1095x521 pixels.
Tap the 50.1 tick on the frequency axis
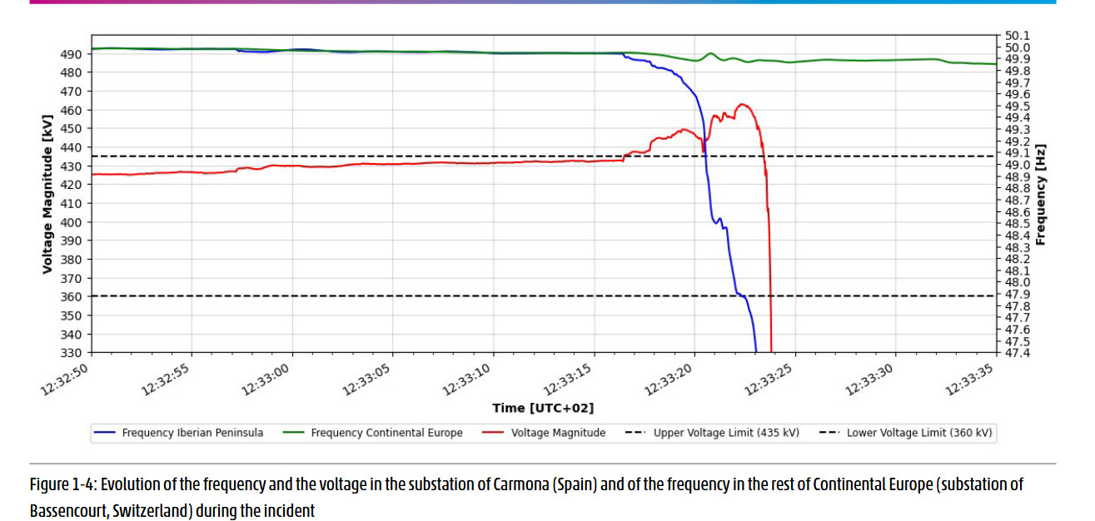click(1018, 36)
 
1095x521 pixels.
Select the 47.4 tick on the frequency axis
click(1018, 354)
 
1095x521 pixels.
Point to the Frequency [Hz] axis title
click(1041, 195)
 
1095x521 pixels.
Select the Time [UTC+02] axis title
click(543, 408)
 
